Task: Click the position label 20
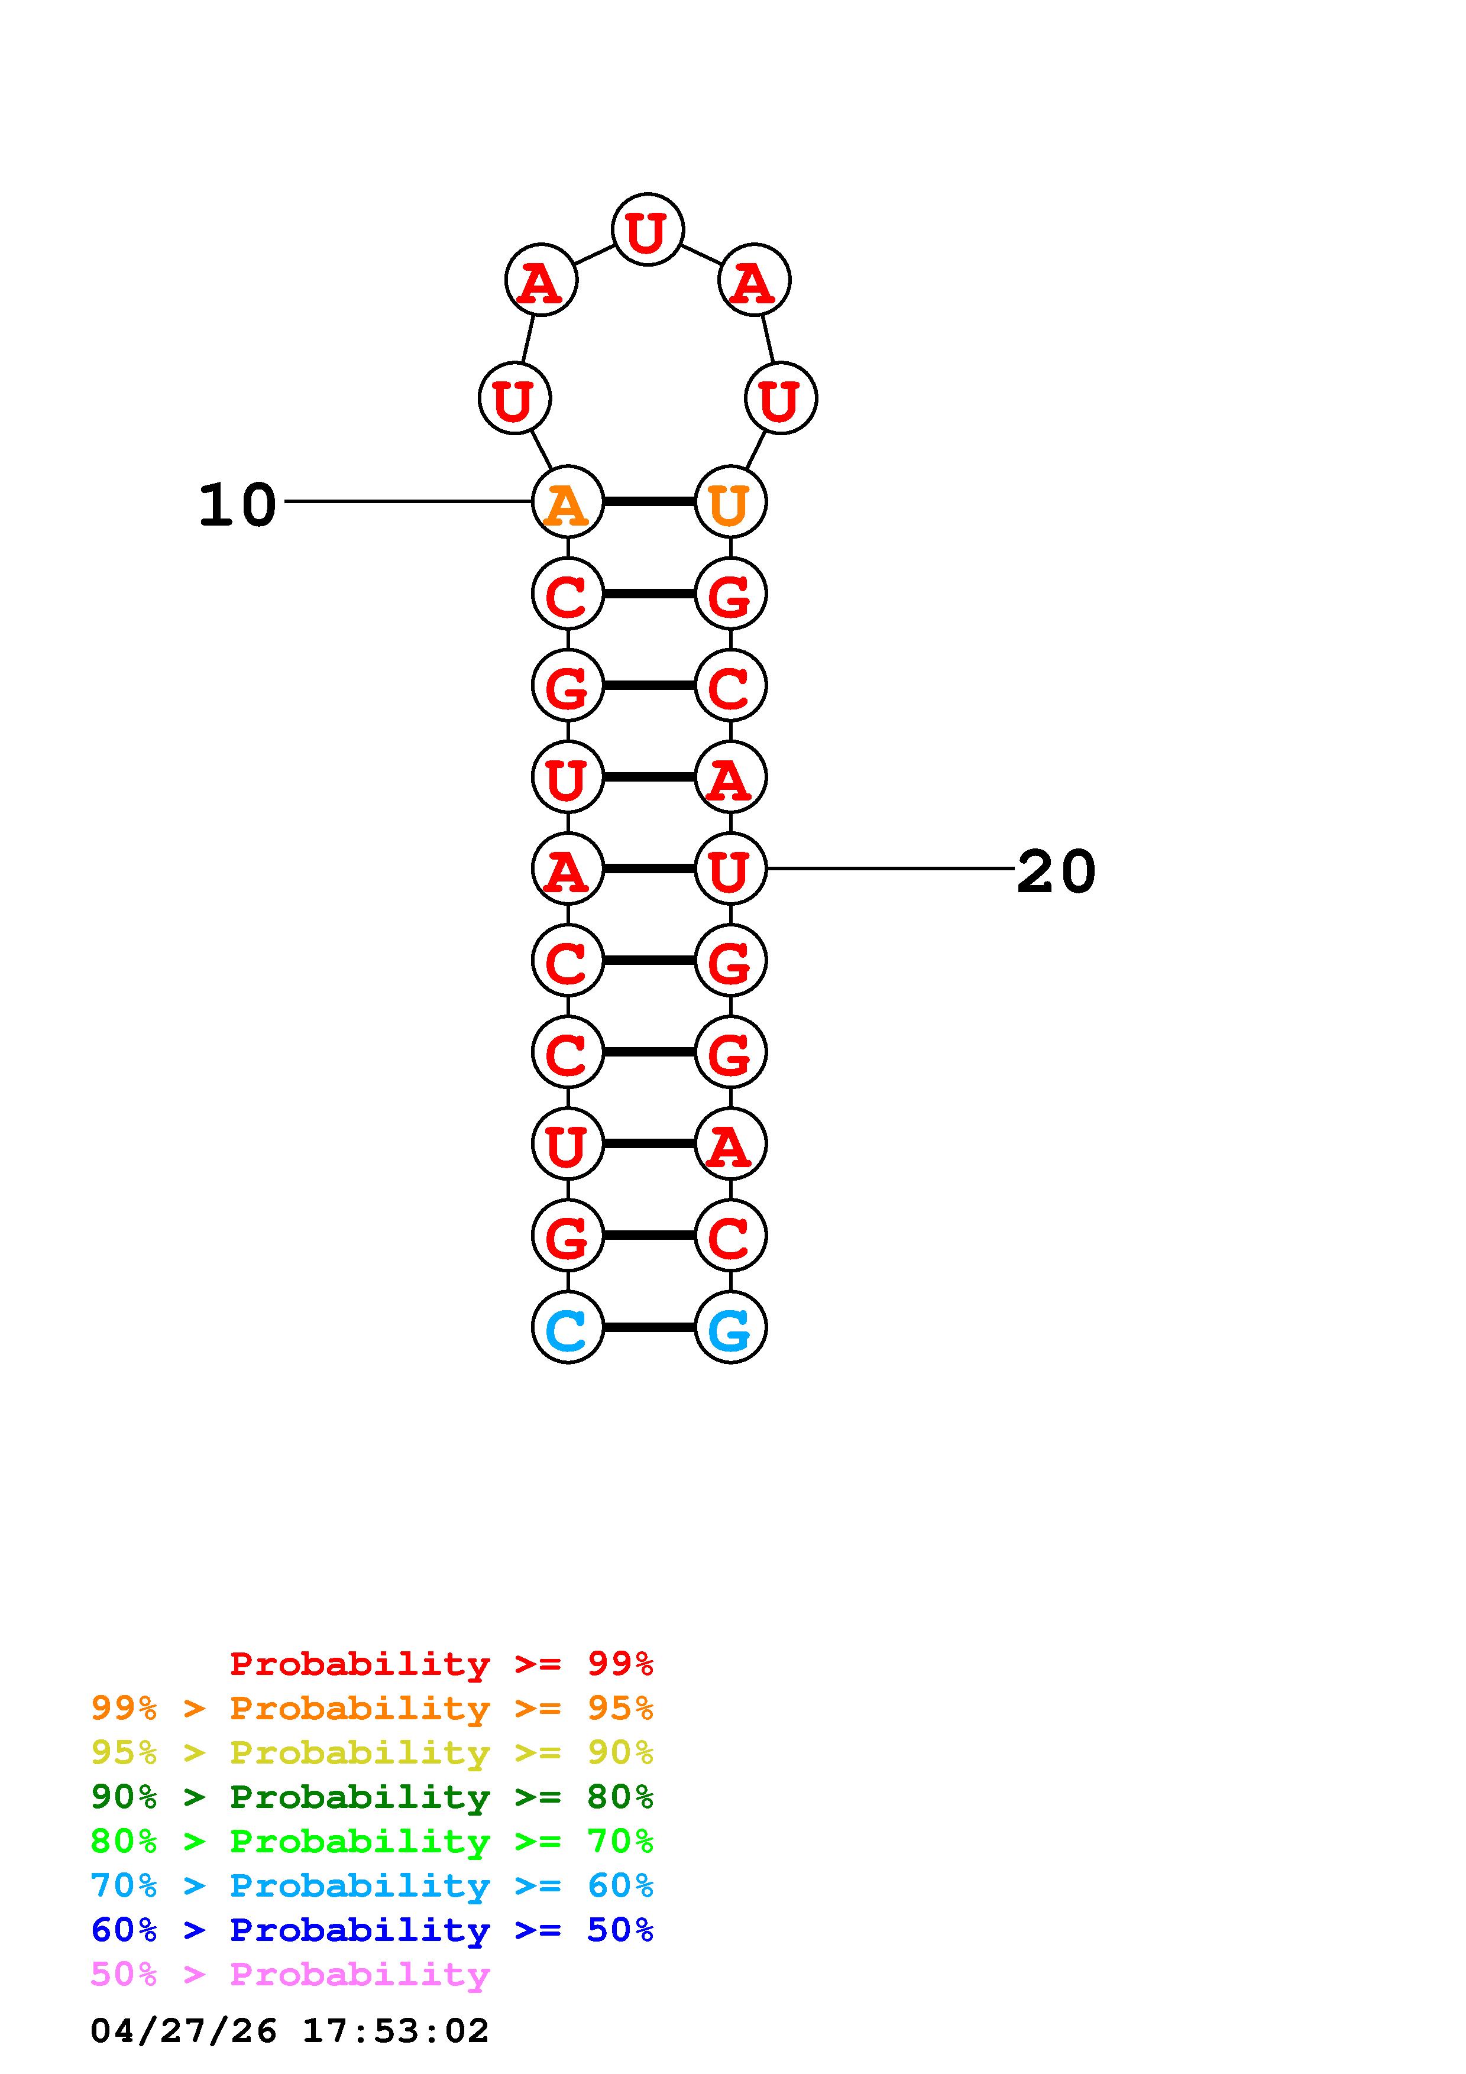point(1055,873)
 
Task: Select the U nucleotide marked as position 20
point(730,869)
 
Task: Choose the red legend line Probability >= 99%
point(441,1663)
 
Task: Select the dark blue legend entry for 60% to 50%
point(371,1930)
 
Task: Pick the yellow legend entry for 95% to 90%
point(371,1752)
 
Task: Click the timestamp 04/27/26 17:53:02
point(289,2031)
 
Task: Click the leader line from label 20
point(890,869)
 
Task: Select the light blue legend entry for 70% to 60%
point(371,1885)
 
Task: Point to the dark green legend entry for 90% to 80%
point(371,1797)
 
